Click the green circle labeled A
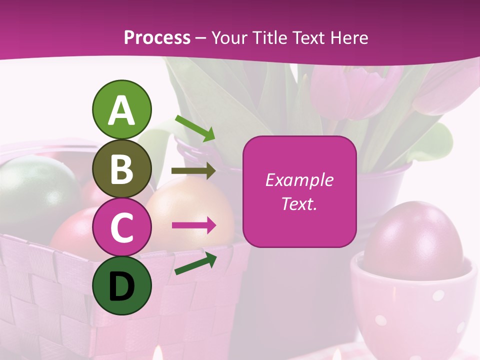(121, 110)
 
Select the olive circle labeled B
(121, 169)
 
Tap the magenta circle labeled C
(121, 227)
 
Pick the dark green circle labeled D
(121, 285)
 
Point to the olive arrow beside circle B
(193, 171)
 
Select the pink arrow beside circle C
(193, 225)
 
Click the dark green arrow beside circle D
(195, 263)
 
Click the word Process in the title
(157, 37)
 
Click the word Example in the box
(299, 180)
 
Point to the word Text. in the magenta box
(299, 203)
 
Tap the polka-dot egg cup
(410, 310)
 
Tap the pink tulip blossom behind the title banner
(350, 90)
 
